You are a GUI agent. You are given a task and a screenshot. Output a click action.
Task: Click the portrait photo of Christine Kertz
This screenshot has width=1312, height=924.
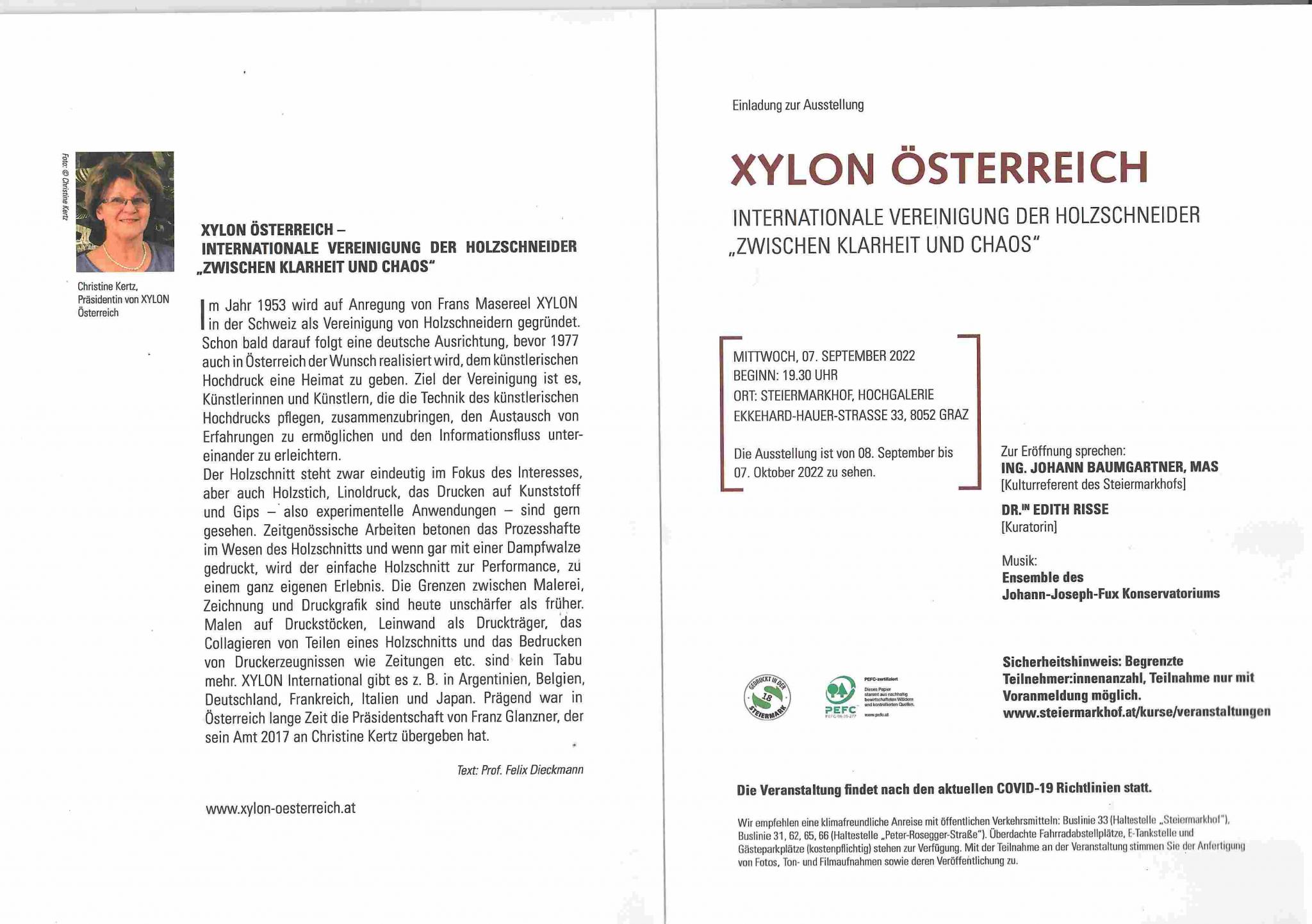(x=124, y=211)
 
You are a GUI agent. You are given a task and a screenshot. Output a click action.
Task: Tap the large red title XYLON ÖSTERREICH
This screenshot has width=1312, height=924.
(x=939, y=169)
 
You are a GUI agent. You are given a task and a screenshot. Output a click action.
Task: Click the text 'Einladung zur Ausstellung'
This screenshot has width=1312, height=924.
(x=798, y=105)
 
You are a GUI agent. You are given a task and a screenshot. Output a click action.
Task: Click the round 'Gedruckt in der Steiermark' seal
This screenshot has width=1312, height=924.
(x=767, y=698)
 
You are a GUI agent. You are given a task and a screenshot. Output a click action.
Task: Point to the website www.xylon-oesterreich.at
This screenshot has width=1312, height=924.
(x=281, y=808)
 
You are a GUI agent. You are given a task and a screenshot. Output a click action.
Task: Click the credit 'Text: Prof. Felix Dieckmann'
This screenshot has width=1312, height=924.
(x=520, y=770)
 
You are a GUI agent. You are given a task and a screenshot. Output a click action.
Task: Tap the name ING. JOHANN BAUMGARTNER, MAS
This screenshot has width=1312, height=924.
(x=1110, y=467)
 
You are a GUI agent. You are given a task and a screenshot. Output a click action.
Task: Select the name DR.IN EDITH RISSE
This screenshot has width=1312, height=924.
(x=1054, y=509)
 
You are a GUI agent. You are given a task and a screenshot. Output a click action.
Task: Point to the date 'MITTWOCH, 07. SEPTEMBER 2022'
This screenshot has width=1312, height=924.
(x=824, y=356)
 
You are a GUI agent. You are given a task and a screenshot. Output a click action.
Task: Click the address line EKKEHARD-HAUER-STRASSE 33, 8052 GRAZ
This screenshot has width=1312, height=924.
(x=851, y=415)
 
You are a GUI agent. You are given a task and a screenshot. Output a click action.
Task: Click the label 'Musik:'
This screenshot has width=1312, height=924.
(x=1019, y=561)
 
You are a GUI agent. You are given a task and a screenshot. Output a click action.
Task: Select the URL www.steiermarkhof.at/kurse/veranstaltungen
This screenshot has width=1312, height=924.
(x=1136, y=712)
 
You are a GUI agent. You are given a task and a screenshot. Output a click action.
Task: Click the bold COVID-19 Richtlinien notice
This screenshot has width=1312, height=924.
(x=944, y=789)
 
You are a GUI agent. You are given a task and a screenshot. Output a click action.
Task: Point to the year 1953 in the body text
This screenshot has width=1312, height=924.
(x=271, y=304)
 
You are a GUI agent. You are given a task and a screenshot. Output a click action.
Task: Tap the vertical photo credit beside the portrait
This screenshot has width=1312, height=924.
(x=65, y=186)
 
